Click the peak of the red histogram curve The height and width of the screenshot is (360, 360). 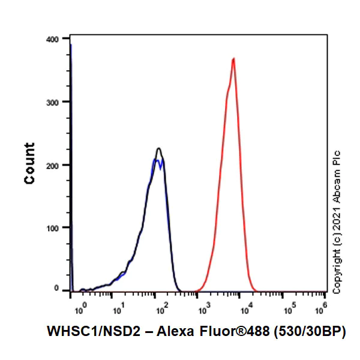coord(233,59)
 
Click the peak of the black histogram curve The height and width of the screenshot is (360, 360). coord(158,148)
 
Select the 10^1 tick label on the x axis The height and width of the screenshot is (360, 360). coord(118,308)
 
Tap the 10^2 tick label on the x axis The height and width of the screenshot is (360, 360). coord(160,308)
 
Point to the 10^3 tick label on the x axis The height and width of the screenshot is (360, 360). coord(203,308)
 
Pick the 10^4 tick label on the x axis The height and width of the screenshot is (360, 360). coord(245,308)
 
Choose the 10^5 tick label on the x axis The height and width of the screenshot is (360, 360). coord(287,308)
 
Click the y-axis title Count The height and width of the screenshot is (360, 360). coord(29,163)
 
